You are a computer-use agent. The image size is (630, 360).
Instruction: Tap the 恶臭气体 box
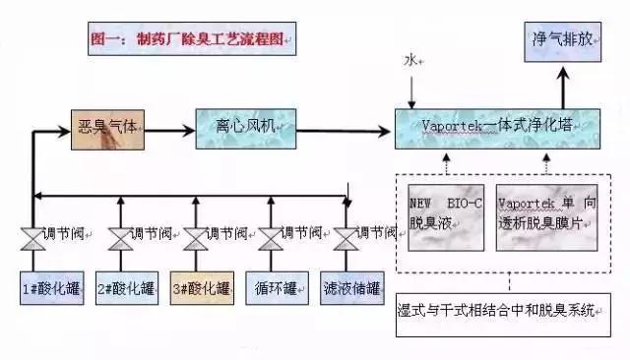pyautogui.click(x=111, y=129)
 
